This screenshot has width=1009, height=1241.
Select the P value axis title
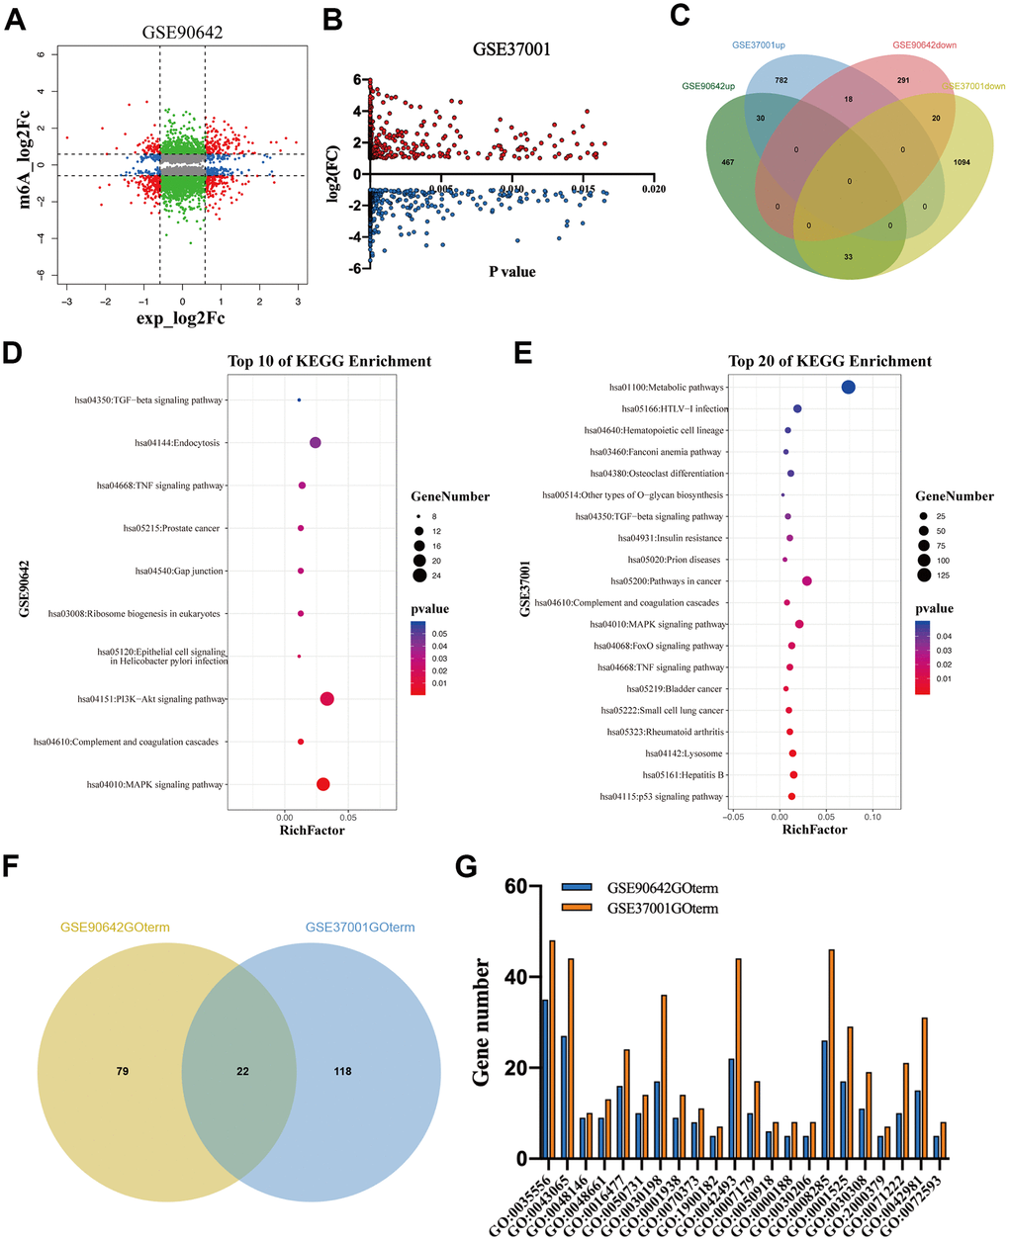coord(512,271)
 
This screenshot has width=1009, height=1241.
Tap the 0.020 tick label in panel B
coord(653,190)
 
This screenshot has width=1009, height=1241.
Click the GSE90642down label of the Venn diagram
coord(924,45)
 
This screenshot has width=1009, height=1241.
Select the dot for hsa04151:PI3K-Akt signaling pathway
coord(327,699)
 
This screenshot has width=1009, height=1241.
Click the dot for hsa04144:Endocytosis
coord(316,443)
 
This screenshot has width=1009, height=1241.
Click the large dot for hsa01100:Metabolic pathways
coord(848,387)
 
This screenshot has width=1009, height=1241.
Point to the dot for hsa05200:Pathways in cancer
coord(807,581)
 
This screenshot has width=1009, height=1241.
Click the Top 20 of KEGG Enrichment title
coord(830,361)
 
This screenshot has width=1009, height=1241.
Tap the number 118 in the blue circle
coord(342,1071)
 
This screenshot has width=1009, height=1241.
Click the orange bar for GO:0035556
coord(553,1048)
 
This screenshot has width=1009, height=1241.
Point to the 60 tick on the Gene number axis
coord(515,886)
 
